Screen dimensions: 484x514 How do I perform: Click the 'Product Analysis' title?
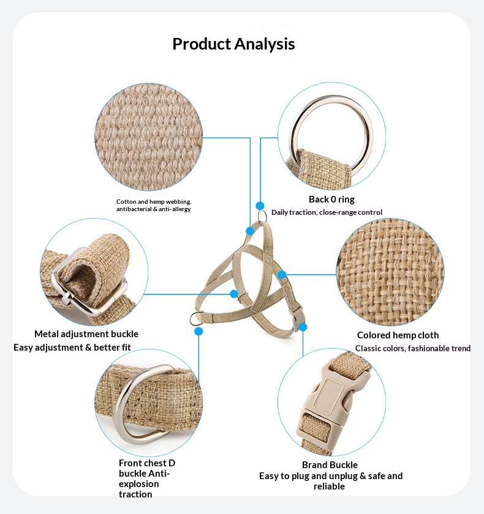(233, 44)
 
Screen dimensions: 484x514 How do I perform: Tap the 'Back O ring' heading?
(331, 199)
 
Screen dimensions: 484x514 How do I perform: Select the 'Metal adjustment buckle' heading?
(86, 334)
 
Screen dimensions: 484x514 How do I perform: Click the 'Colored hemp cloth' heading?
(398, 335)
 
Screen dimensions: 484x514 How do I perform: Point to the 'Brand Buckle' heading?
(330, 465)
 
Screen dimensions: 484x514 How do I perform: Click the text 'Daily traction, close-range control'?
(327, 212)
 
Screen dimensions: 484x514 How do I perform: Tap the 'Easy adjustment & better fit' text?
(72, 348)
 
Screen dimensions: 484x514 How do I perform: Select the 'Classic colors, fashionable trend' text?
(413, 348)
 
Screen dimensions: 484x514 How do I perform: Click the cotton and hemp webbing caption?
(154, 205)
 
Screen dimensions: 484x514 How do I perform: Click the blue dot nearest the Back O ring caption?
(260, 206)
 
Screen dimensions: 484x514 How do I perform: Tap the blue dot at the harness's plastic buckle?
(303, 327)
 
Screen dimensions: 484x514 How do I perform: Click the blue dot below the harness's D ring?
(199, 331)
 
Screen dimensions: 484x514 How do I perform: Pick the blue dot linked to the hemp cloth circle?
(282, 275)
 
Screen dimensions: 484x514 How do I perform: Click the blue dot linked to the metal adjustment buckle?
(234, 294)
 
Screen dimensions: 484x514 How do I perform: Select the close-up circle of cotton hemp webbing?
(149, 137)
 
